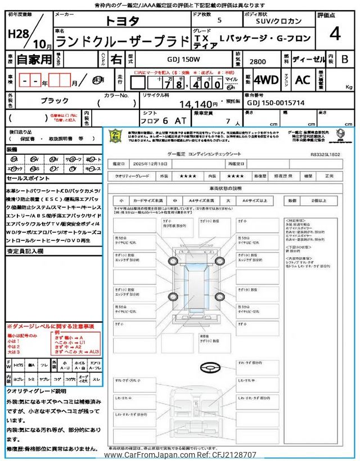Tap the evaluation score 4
(x=335, y=34)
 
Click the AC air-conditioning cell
(x=303, y=79)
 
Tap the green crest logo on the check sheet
(x=114, y=137)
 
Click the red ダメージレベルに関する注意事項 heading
(x=50, y=326)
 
